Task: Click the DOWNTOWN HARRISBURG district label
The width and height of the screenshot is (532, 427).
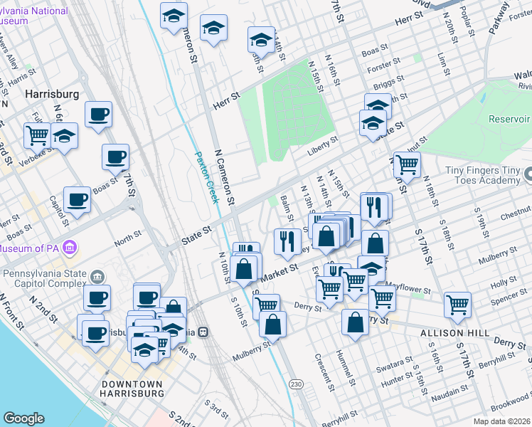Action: point(131,389)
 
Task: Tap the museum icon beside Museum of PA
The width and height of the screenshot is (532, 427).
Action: point(70,248)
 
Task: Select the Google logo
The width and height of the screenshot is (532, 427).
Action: point(23,418)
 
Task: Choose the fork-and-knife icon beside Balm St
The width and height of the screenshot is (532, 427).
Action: point(286,241)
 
